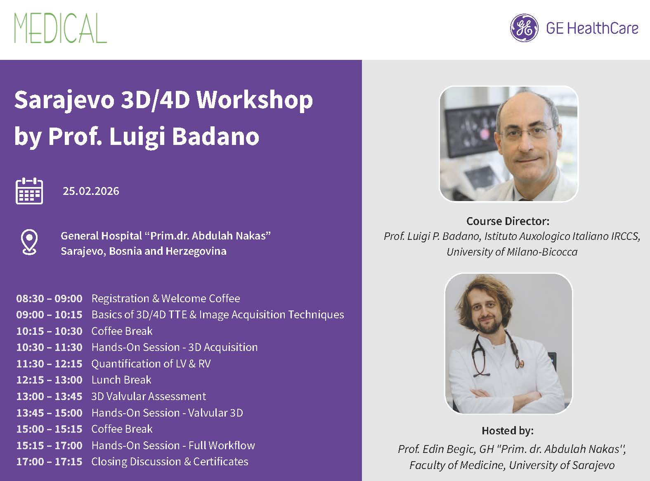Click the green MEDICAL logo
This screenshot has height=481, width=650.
(x=60, y=28)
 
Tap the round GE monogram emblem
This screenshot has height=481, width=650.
(x=524, y=28)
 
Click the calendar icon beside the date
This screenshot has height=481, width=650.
(x=29, y=191)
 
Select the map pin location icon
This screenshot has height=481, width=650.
(x=29, y=242)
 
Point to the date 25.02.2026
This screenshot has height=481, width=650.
(x=91, y=191)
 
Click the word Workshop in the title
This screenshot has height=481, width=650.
(x=255, y=100)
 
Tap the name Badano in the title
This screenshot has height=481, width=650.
(x=215, y=136)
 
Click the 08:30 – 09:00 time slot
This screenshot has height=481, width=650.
(x=49, y=299)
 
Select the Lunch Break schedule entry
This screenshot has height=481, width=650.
(x=121, y=380)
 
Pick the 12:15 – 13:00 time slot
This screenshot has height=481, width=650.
(x=49, y=380)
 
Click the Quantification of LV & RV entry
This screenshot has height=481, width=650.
(x=151, y=364)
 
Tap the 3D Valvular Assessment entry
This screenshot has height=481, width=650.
(x=149, y=396)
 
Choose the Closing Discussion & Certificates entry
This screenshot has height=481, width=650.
(x=170, y=462)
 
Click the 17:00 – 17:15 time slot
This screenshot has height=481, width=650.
(x=49, y=462)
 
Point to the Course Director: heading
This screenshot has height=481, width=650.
(x=508, y=221)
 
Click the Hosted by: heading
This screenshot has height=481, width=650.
(x=508, y=431)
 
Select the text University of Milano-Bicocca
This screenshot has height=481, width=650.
(x=512, y=252)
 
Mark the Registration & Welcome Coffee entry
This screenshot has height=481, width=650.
(x=165, y=299)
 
